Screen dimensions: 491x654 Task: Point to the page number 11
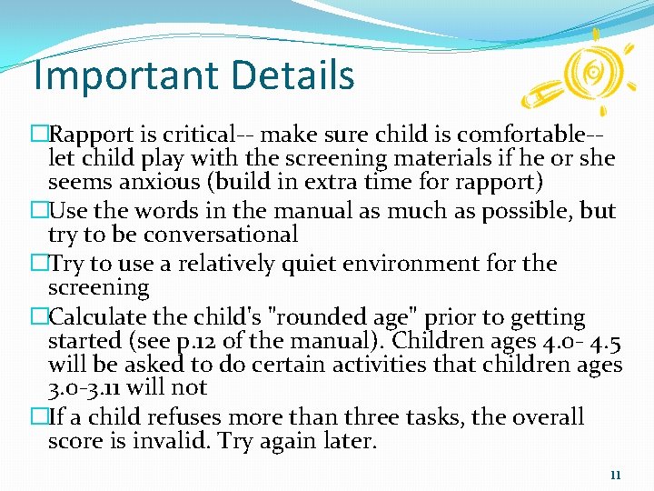click(615, 475)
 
